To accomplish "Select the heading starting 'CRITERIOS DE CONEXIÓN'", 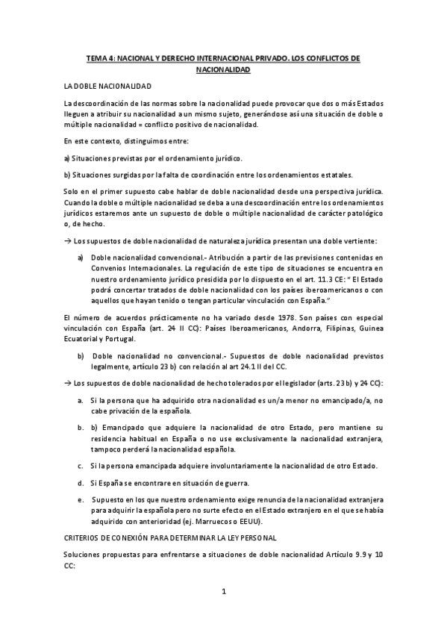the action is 171,537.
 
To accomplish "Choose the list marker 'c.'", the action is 81,466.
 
